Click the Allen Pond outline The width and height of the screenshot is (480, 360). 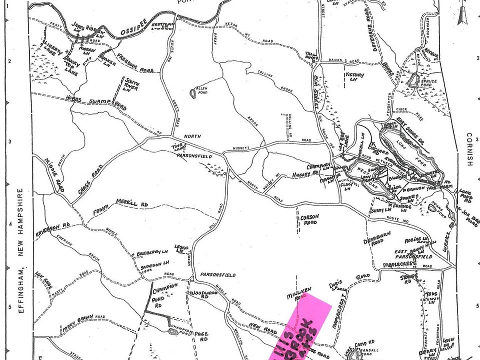193,93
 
